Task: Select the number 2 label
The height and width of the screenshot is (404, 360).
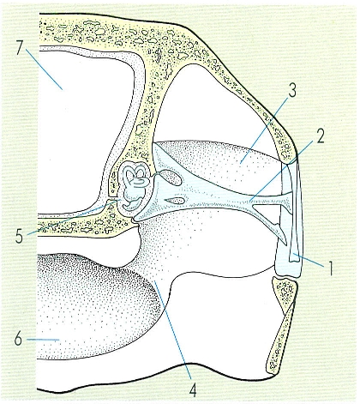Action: point(320,136)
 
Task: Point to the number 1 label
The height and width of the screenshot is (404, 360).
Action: point(331,268)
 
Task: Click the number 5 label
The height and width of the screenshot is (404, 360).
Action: point(19,236)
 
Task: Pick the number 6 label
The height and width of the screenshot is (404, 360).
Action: point(18,340)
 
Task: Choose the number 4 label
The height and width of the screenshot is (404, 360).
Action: point(194,389)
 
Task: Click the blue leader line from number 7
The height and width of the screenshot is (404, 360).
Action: point(44,69)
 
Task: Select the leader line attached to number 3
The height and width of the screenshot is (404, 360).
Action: point(264,130)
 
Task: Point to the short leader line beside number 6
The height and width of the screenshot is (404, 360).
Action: point(43,340)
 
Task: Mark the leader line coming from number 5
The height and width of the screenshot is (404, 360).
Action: point(73,217)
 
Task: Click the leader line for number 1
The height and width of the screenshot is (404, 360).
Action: point(309,260)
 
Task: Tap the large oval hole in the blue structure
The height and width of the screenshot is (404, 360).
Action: point(171,177)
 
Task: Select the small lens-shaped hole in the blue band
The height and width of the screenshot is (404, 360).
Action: point(175,200)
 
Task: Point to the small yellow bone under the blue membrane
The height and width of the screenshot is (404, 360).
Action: point(284,290)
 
